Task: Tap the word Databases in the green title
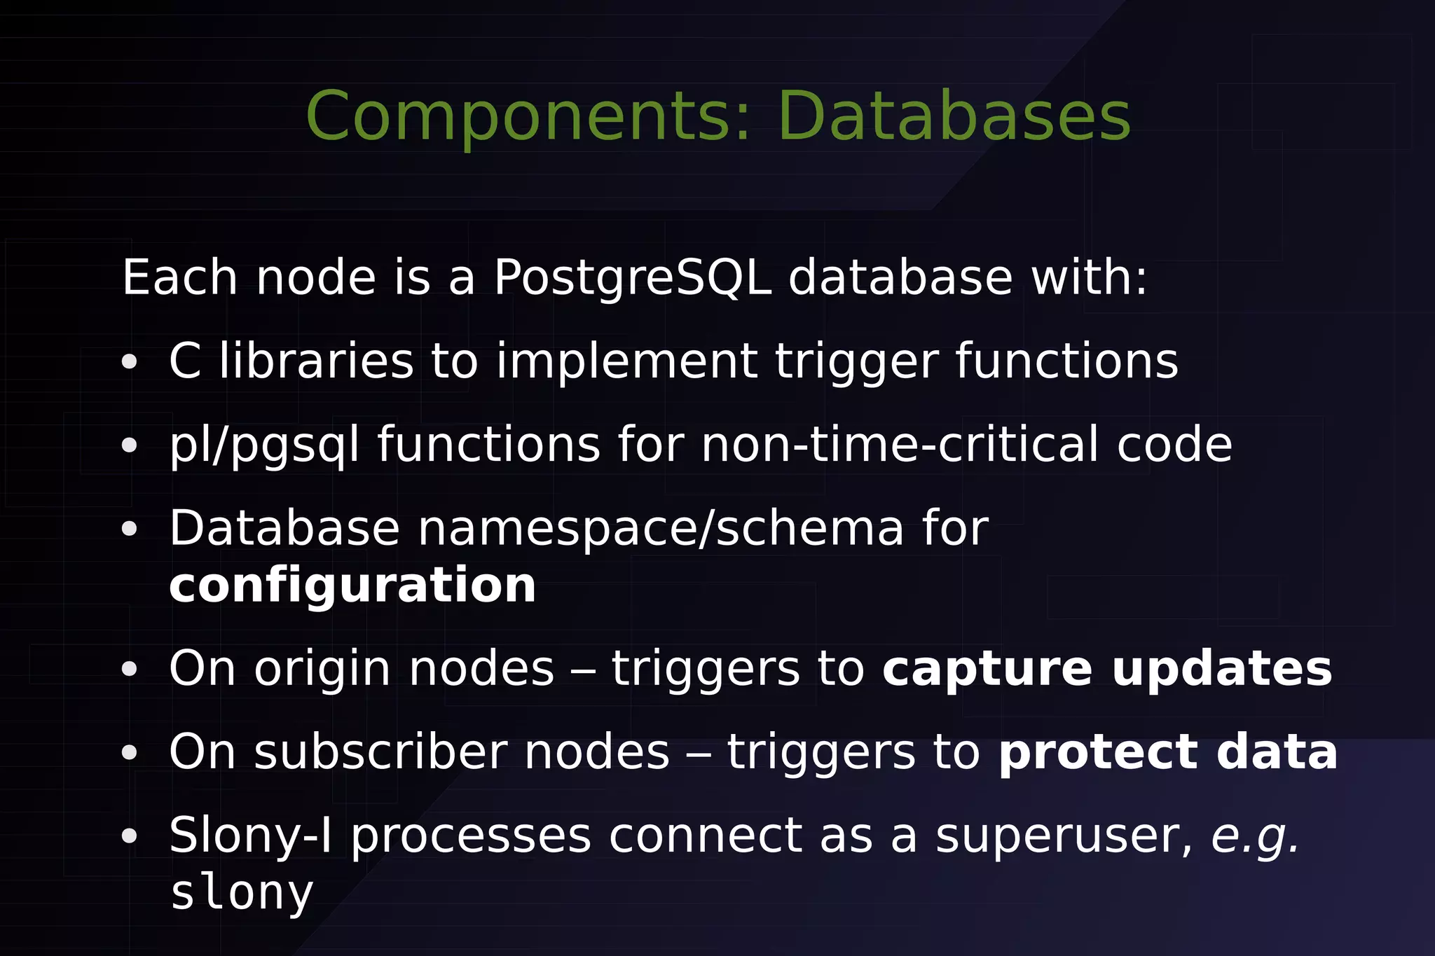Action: [x=954, y=116]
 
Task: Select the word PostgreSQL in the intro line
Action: [x=633, y=278]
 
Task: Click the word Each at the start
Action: [x=179, y=278]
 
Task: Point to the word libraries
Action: [x=316, y=361]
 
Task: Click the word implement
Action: [x=626, y=361]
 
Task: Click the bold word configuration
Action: [x=352, y=586]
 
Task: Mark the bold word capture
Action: [x=987, y=669]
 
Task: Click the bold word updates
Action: [x=1222, y=669]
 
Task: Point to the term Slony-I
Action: [x=250, y=836]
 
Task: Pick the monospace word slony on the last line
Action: [x=242, y=893]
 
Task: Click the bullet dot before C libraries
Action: [x=129, y=363]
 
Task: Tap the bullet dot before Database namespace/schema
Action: [x=129, y=529]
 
